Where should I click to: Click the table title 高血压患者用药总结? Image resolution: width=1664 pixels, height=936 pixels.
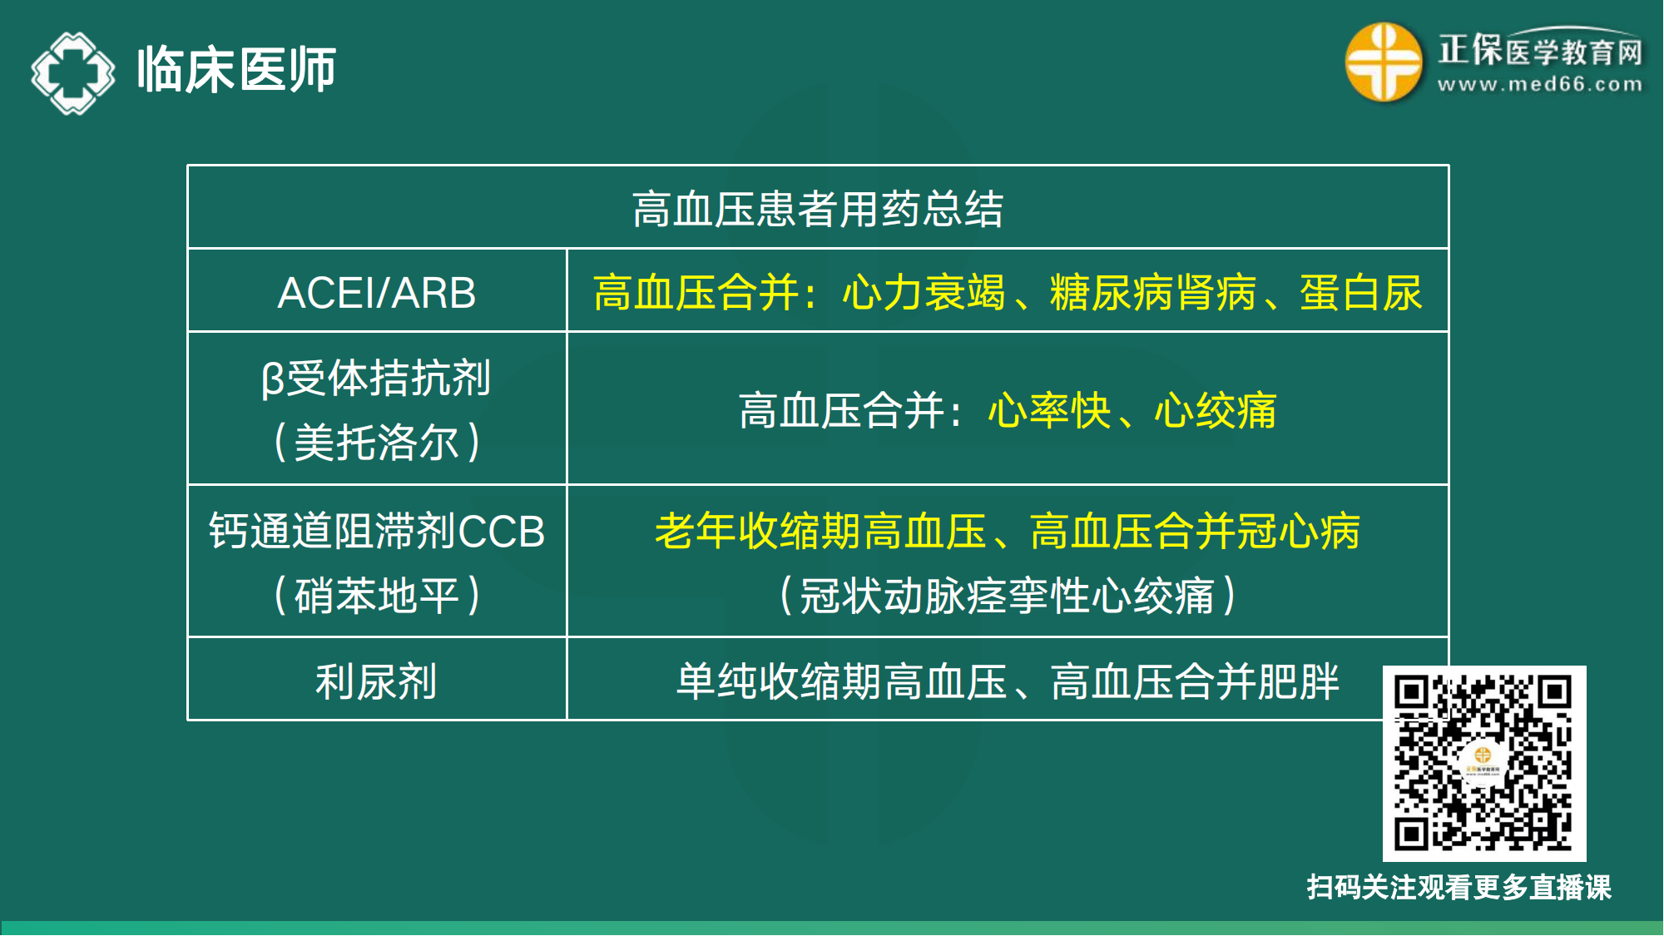click(818, 209)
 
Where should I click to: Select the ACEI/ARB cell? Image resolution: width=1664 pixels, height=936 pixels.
click(377, 293)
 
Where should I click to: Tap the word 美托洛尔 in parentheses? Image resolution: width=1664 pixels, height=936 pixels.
click(377, 442)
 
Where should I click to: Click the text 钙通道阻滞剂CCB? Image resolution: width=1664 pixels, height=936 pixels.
click(377, 532)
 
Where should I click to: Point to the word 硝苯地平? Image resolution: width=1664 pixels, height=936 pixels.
click(377, 596)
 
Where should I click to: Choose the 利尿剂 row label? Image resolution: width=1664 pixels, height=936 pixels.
click(377, 681)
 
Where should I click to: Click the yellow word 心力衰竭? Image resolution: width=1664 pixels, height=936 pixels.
click(924, 293)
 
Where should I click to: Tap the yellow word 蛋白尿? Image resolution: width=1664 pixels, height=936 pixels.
click(1361, 293)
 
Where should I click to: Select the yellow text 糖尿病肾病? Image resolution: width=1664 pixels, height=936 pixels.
click(1153, 293)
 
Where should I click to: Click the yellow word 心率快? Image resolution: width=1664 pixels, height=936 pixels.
click(1049, 411)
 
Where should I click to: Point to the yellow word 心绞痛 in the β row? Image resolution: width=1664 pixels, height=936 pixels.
click(1216, 411)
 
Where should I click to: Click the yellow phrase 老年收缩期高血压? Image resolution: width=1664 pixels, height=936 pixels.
click(820, 532)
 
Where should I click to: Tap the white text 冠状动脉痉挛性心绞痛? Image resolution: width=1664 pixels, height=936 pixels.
click(1008, 596)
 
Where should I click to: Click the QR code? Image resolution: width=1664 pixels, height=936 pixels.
click(1484, 763)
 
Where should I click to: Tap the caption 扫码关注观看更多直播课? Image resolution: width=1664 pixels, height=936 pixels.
click(1459, 887)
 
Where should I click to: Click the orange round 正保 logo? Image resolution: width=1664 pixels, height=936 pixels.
click(1384, 62)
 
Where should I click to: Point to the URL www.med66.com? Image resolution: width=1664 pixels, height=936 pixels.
click(1540, 84)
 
